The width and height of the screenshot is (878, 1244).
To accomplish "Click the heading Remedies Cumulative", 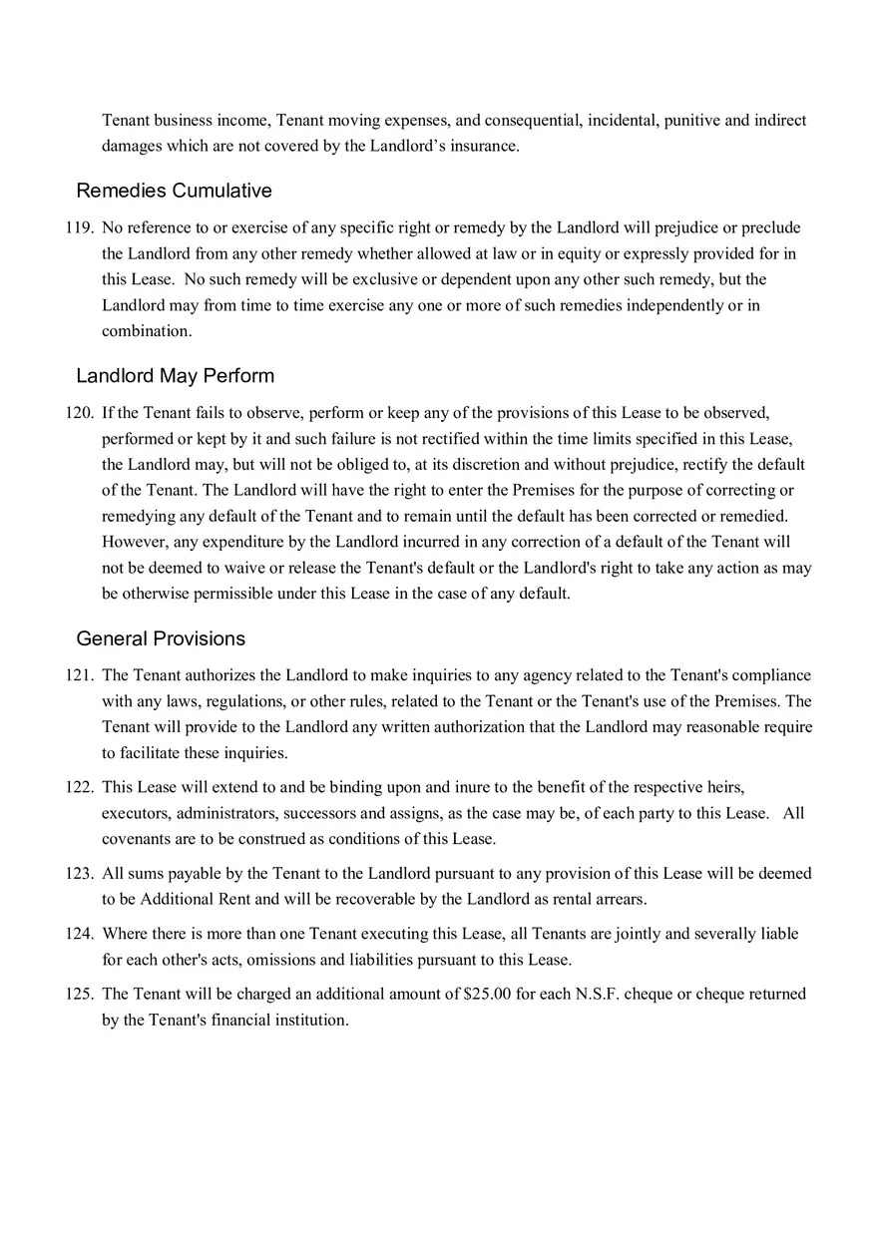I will (174, 191).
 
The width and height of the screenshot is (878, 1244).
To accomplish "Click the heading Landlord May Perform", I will (175, 376).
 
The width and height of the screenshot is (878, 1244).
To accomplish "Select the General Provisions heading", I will (161, 638).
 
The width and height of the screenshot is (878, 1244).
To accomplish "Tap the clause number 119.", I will (79, 227).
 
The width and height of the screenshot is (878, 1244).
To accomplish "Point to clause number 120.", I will (79, 412).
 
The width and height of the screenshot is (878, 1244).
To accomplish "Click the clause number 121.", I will (79, 675).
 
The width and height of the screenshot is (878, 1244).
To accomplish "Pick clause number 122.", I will (79, 787).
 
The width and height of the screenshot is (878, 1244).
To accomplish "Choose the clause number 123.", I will (79, 873).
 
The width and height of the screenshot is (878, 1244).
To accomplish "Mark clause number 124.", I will (79, 934).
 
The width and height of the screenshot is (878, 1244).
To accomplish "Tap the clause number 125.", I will (79, 994).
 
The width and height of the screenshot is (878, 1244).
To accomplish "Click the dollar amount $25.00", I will (488, 994).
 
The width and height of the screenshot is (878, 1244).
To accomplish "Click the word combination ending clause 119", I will (146, 331).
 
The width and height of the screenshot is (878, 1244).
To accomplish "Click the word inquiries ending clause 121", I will (254, 753).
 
